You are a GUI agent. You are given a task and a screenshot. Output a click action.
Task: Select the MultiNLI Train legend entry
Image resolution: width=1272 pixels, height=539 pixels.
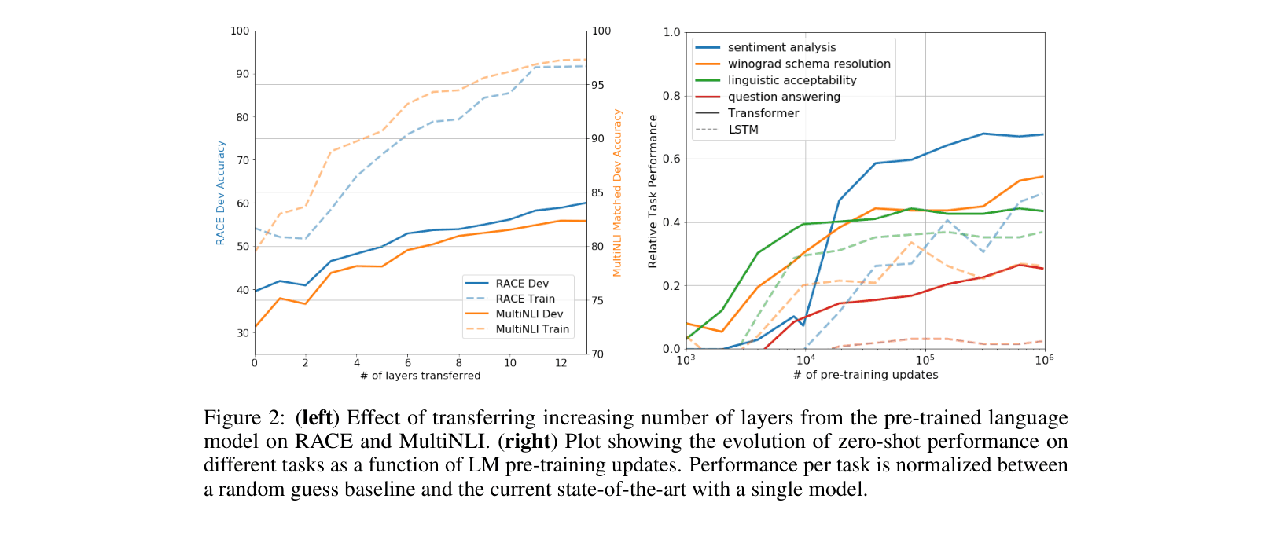click(531, 329)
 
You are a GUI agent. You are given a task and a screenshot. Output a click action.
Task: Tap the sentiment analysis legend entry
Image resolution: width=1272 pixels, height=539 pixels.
click(781, 47)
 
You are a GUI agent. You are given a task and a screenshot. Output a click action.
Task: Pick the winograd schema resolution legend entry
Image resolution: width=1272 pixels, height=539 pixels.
click(809, 64)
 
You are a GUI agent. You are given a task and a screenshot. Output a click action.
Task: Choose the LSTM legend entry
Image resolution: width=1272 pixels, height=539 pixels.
click(743, 130)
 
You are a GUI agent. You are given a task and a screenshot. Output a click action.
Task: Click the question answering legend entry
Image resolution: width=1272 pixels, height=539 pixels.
click(784, 97)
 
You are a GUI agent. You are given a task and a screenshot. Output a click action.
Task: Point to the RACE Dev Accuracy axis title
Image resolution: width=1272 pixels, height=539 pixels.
click(221, 193)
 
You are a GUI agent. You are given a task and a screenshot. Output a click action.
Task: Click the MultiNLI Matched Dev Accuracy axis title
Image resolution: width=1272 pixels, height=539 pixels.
click(617, 193)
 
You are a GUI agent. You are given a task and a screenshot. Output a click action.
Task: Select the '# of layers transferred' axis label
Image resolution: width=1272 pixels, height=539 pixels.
click(420, 376)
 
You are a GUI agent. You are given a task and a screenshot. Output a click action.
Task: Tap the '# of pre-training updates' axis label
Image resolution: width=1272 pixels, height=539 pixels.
click(866, 375)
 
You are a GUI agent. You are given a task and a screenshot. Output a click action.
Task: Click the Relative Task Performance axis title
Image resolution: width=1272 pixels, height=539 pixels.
click(653, 191)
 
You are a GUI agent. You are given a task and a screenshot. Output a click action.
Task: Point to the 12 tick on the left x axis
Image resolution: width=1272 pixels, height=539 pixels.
click(561, 363)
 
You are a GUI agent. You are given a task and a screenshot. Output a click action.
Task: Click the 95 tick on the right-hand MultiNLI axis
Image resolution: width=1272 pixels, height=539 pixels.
click(598, 85)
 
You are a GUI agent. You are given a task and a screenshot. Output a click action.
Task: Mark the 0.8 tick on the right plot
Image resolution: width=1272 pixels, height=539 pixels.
click(671, 96)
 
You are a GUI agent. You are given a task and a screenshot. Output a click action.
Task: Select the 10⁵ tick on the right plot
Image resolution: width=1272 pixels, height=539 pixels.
click(925, 360)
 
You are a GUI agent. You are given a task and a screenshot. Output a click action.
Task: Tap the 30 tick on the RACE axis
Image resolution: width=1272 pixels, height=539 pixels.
click(242, 333)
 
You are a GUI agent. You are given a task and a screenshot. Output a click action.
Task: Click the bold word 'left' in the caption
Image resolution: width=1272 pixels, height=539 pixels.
click(317, 418)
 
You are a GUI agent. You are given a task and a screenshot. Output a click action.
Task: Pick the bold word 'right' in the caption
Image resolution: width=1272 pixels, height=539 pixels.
click(527, 442)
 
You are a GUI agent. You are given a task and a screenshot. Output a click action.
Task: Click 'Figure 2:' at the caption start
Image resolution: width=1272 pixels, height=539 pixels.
click(244, 418)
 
